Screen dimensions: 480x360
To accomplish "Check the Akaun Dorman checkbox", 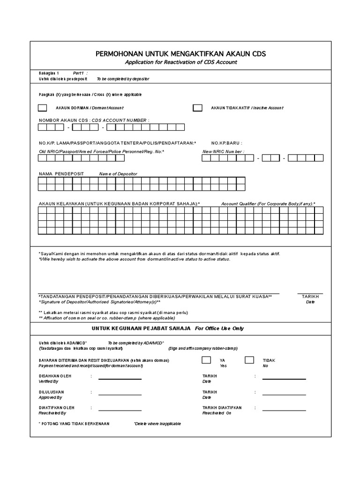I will (43, 108).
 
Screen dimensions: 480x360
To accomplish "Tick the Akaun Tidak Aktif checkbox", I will (198, 108).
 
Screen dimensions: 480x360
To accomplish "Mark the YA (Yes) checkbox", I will (206, 360).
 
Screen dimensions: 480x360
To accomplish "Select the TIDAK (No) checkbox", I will (249, 360).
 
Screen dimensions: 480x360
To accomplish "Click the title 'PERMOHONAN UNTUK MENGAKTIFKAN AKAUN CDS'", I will (180, 54).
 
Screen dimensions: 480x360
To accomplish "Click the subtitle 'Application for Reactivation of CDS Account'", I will (180, 62).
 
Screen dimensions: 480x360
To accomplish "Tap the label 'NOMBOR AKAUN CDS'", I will (64, 120).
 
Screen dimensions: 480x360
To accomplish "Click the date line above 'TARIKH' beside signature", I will (310, 293).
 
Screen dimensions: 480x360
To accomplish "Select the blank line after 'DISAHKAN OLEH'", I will (120, 379).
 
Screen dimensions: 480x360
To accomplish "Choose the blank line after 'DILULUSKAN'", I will (120, 395).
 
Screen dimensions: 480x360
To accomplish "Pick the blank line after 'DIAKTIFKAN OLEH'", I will (120, 411).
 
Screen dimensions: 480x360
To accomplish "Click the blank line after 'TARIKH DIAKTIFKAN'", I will (284, 411).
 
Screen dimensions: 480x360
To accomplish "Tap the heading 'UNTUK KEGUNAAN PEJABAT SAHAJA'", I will (140, 329).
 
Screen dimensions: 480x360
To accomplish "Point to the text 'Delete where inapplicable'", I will (157, 424).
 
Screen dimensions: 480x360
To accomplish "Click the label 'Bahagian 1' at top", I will (49, 74).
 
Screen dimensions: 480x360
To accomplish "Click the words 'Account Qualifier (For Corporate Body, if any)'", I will (268, 204).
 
